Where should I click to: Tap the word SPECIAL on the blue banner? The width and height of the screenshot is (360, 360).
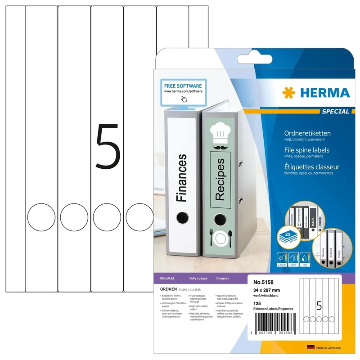click(335, 112)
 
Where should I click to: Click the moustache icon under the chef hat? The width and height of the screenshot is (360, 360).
click(220, 147)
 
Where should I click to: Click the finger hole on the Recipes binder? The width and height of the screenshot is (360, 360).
click(220, 220)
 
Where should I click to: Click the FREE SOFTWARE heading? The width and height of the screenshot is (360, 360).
click(183, 85)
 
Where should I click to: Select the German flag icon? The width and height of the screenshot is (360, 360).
click(310, 348)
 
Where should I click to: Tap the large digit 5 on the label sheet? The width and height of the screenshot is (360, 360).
click(108, 148)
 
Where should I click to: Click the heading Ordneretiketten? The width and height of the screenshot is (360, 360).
click(308, 134)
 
